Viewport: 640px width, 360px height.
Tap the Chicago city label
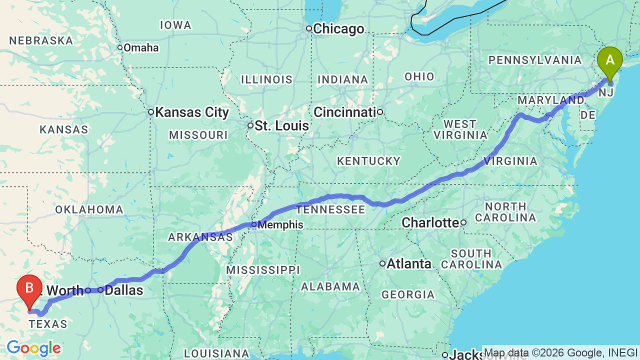(339, 29)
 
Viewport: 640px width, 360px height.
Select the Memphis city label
(280, 224)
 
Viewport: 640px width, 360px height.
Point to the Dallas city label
(124, 290)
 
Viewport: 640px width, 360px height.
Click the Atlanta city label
(409, 263)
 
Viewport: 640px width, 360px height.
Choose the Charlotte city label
(430, 222)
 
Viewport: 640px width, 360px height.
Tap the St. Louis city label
(281, 125)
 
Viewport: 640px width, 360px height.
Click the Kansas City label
(192, 112)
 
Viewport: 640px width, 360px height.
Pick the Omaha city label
(141, 48)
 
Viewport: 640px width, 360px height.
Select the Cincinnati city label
(344, 112)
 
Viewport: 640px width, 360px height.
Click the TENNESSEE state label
(330, 209)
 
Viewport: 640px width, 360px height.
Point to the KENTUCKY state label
(368, 161)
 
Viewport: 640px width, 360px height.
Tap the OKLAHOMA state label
(89, 209)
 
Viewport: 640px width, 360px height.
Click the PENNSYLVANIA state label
(535, 60)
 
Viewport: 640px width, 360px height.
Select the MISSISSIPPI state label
(262, 270)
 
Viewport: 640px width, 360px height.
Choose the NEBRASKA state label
(41, 40)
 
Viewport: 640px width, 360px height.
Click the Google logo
(33, 348)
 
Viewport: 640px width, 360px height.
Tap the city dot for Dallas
(100, 290)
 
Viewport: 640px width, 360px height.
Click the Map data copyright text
(560, 352)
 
